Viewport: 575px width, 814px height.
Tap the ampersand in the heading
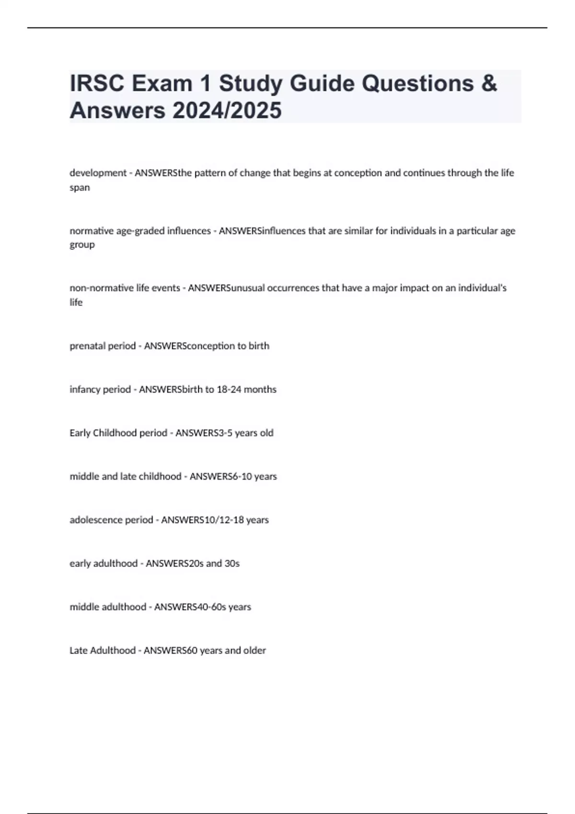tap(488, 83)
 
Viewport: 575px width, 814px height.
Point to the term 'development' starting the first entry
tap(98, 173)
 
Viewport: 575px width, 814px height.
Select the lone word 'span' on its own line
tap(80, 187)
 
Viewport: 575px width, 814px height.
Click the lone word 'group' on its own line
tap(82, 245)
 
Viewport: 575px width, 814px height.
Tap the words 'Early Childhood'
tap(103, 433)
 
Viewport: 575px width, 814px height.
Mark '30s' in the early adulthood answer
tap(231, 564)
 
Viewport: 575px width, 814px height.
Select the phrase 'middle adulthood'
tap(108, 607)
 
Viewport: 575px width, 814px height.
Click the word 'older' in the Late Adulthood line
tap(254, 650)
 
